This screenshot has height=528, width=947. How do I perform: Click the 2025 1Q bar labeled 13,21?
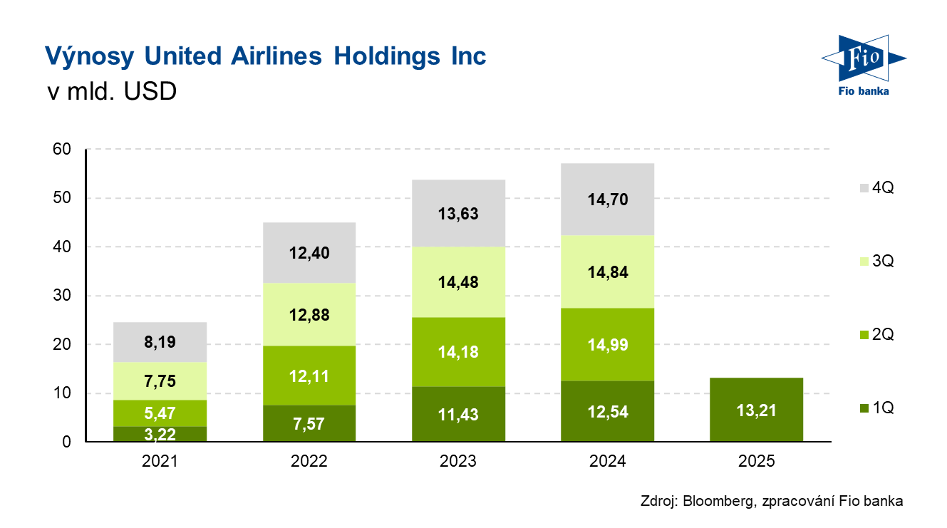(756, 410)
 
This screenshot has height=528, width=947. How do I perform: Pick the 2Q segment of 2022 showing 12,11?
(309, 376)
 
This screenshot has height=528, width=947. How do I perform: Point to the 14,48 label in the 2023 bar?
(458, 282)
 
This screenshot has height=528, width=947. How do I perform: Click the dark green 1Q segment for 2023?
(458, 414)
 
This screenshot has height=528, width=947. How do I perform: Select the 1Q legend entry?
(876, 408)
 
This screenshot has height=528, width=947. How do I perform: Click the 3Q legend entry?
(876, 262)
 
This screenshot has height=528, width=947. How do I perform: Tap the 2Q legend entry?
(876, 335)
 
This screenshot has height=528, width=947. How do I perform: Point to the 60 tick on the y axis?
(63, 149)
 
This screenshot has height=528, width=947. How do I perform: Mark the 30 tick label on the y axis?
(63, 296)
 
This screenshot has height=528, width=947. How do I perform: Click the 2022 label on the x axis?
(309, 461)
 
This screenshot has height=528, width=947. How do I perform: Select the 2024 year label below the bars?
(607, 461)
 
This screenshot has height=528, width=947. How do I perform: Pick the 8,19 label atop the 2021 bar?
(160, 343)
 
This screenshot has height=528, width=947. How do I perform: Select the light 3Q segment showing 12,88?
(309, 314)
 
